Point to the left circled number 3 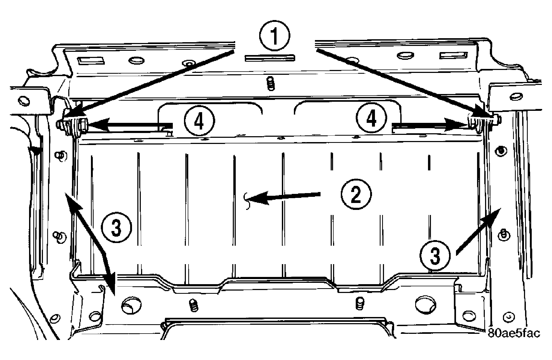pos(117,227)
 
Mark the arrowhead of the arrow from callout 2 pos(257,198)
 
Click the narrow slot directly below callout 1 pos(270,58)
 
